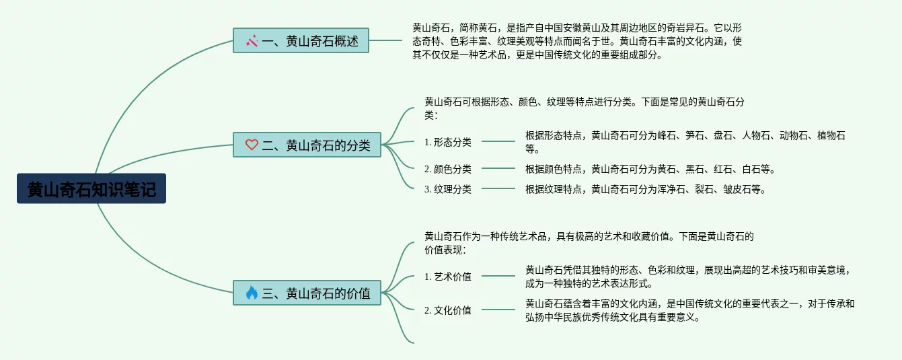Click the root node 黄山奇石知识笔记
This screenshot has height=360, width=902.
coord(91,189)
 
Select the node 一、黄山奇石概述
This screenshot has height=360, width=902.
coord(301,41)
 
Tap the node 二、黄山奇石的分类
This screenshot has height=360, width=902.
coord(307,145)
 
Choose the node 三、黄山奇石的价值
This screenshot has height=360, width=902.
coord(307,293)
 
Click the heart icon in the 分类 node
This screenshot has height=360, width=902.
coord(252,145)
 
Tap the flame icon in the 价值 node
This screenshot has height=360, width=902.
coord(252,293)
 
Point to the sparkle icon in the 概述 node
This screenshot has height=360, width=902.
coord(252,41)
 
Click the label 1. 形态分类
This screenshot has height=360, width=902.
coord(448,142)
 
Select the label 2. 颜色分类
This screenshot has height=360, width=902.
coord(448,169)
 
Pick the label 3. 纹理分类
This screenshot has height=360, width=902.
coord(448,189)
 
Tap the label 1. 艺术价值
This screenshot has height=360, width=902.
coord(448,276)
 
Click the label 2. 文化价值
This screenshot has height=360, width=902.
coord(448,310)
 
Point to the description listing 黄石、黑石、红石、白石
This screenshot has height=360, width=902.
coord(650,169)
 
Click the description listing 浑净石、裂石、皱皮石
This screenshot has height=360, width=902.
coord(645,189)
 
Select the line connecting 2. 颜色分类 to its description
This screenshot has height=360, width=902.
coord(498,169)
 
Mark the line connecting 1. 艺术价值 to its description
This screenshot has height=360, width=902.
coord(498,276)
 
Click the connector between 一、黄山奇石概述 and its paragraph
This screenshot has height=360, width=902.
coord(385,40)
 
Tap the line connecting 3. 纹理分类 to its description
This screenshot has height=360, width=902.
coord(498,189)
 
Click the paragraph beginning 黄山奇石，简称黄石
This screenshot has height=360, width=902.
coord(577,41)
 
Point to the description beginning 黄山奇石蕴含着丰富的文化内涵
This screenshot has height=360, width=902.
coord(689,310)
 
